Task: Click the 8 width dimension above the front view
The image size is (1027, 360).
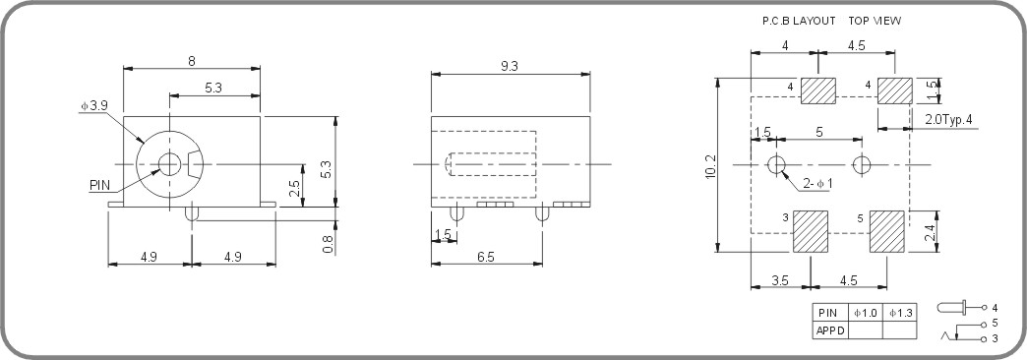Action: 191,61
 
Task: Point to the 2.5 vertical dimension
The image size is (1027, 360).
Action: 294,186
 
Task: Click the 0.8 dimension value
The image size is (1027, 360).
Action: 329,240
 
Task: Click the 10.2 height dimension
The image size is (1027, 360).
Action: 710,166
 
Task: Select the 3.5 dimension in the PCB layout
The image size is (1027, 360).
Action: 780,280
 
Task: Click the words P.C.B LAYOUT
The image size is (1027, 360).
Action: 798,20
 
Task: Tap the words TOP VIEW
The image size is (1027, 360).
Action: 875,20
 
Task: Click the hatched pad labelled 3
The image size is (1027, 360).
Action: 813,232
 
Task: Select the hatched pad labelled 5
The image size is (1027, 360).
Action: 887,232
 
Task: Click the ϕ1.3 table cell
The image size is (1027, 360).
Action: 899,313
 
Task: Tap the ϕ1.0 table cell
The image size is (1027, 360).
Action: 865,313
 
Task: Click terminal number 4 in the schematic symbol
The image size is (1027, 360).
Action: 996,308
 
